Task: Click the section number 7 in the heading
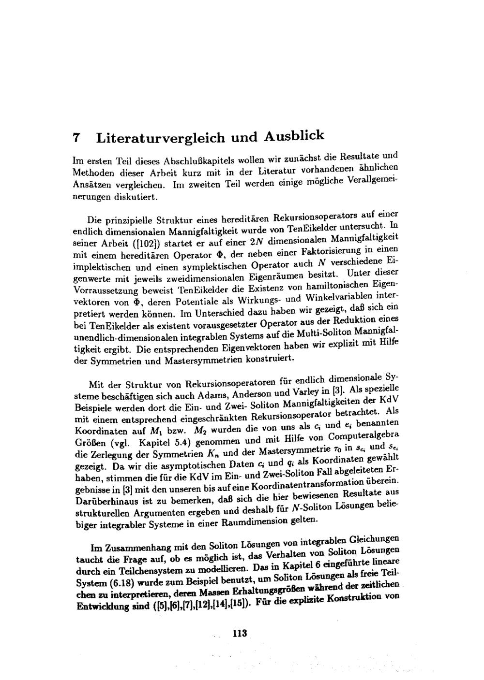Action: tap(76, 138)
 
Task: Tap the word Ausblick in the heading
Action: tap(294, 135)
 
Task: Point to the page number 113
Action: tap(240, 633)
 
